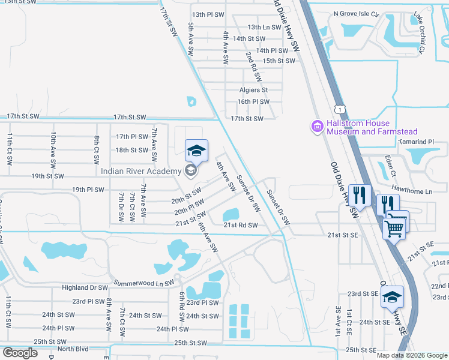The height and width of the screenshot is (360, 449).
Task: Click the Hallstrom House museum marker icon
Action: tap(317, 127)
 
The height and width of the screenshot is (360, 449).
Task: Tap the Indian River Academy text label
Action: tap(141, 172)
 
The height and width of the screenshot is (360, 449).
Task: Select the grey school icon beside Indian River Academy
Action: tap(191, 172)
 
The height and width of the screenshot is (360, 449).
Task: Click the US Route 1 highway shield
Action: tap(340, 109)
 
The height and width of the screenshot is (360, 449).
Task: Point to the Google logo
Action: tap(20, 352)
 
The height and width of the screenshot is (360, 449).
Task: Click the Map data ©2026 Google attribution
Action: tap(412, 355)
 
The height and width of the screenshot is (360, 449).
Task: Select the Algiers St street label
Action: tap(253, 90)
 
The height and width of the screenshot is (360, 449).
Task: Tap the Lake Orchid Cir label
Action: tap(418, 35)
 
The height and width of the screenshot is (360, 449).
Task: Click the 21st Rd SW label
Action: tap(240, 225)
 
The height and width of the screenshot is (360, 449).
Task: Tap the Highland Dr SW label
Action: tap(84, 288)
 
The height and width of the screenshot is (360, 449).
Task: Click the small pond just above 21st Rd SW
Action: tap(231, 214)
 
